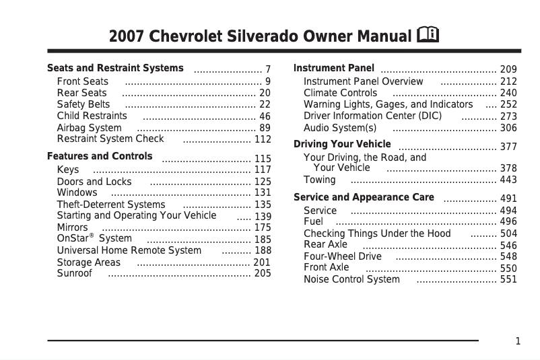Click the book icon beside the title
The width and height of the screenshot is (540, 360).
(428, 34)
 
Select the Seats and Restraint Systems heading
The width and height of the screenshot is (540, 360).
(115, 68)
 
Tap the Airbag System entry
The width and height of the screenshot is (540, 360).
(89, 128)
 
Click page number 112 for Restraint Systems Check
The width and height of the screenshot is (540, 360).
(263, 140)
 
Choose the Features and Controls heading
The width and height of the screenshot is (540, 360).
(100, 156)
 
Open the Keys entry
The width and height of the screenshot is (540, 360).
(68, 170)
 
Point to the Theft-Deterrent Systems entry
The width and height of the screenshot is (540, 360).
(111, 205)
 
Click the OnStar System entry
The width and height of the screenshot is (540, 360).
(94, 238)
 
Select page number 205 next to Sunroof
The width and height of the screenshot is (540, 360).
(263, 274)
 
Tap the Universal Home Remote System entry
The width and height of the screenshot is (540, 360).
(129, 250)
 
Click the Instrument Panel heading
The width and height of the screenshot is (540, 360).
(334, 68)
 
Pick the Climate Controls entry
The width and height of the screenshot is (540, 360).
(341, 93)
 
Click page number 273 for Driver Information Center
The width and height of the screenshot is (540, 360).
(508, 116)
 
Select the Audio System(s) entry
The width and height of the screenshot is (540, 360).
(340, 128)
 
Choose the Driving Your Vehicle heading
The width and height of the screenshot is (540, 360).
(342, 144)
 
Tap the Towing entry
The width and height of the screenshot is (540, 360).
(320, 180)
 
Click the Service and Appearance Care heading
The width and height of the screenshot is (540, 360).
(364, 197)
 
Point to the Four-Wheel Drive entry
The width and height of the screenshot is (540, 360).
(343, 256)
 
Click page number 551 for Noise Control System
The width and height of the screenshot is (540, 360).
(508, 280)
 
